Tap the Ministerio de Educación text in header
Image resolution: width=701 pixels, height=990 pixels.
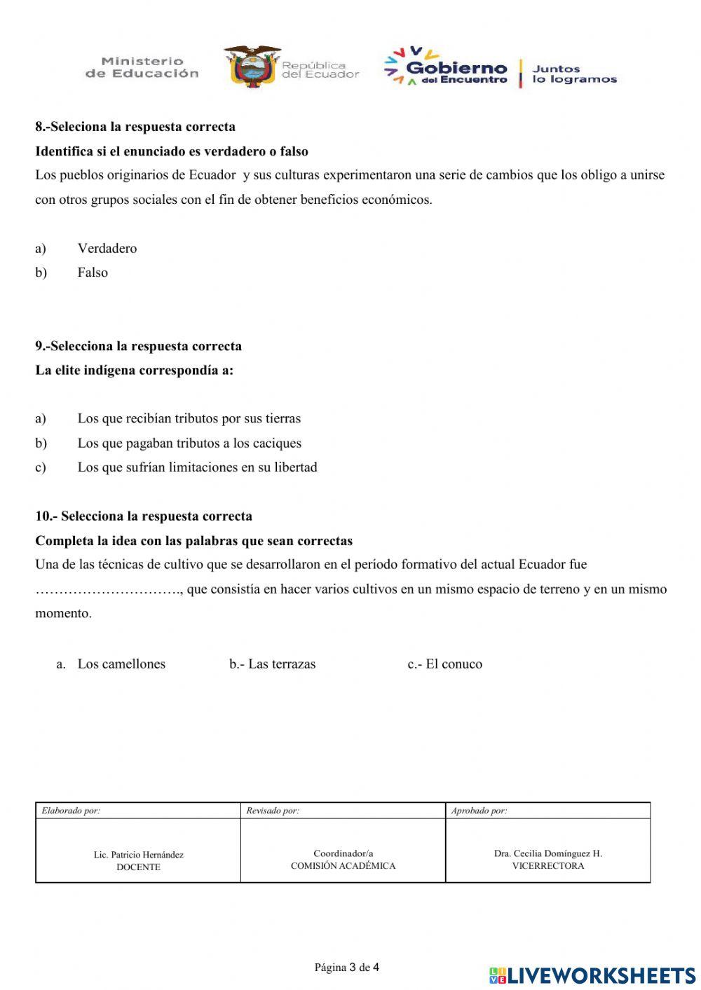[142, 67]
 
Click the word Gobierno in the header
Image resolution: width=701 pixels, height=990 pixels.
[456, 67]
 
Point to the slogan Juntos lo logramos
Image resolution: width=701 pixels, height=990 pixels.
[574, 74]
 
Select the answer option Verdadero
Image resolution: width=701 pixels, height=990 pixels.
[107, 248]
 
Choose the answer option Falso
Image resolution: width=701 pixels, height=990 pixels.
[93, 273]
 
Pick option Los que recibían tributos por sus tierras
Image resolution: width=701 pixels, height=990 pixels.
[189, 418]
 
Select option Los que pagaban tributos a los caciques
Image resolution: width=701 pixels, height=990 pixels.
[189, 443]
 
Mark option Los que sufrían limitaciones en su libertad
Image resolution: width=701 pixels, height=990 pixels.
[197, 467]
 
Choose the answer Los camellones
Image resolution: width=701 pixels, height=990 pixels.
[121, 664]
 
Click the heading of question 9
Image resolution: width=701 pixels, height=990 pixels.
[139, 346]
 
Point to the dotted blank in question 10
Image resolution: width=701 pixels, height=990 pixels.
[109, 590]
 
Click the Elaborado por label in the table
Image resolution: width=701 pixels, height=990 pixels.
[71, 811]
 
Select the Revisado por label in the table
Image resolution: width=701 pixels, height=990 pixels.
[273, 811]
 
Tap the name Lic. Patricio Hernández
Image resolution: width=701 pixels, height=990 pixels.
[139, 855]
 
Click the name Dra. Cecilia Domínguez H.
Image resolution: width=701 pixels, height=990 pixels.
[547, 853]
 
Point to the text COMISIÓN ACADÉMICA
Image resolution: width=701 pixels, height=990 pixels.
[343, 866]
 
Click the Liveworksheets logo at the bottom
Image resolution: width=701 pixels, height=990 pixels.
[592, 975]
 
